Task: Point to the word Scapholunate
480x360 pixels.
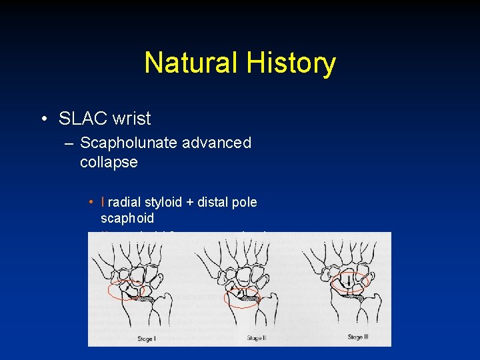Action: [x=129, y=143]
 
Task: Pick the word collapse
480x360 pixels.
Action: [x=109, y=162]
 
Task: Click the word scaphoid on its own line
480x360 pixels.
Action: [x=127, y=218]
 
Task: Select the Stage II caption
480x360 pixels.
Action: [x=255, y=338]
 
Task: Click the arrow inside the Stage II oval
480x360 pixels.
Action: [x=239, y=294]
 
